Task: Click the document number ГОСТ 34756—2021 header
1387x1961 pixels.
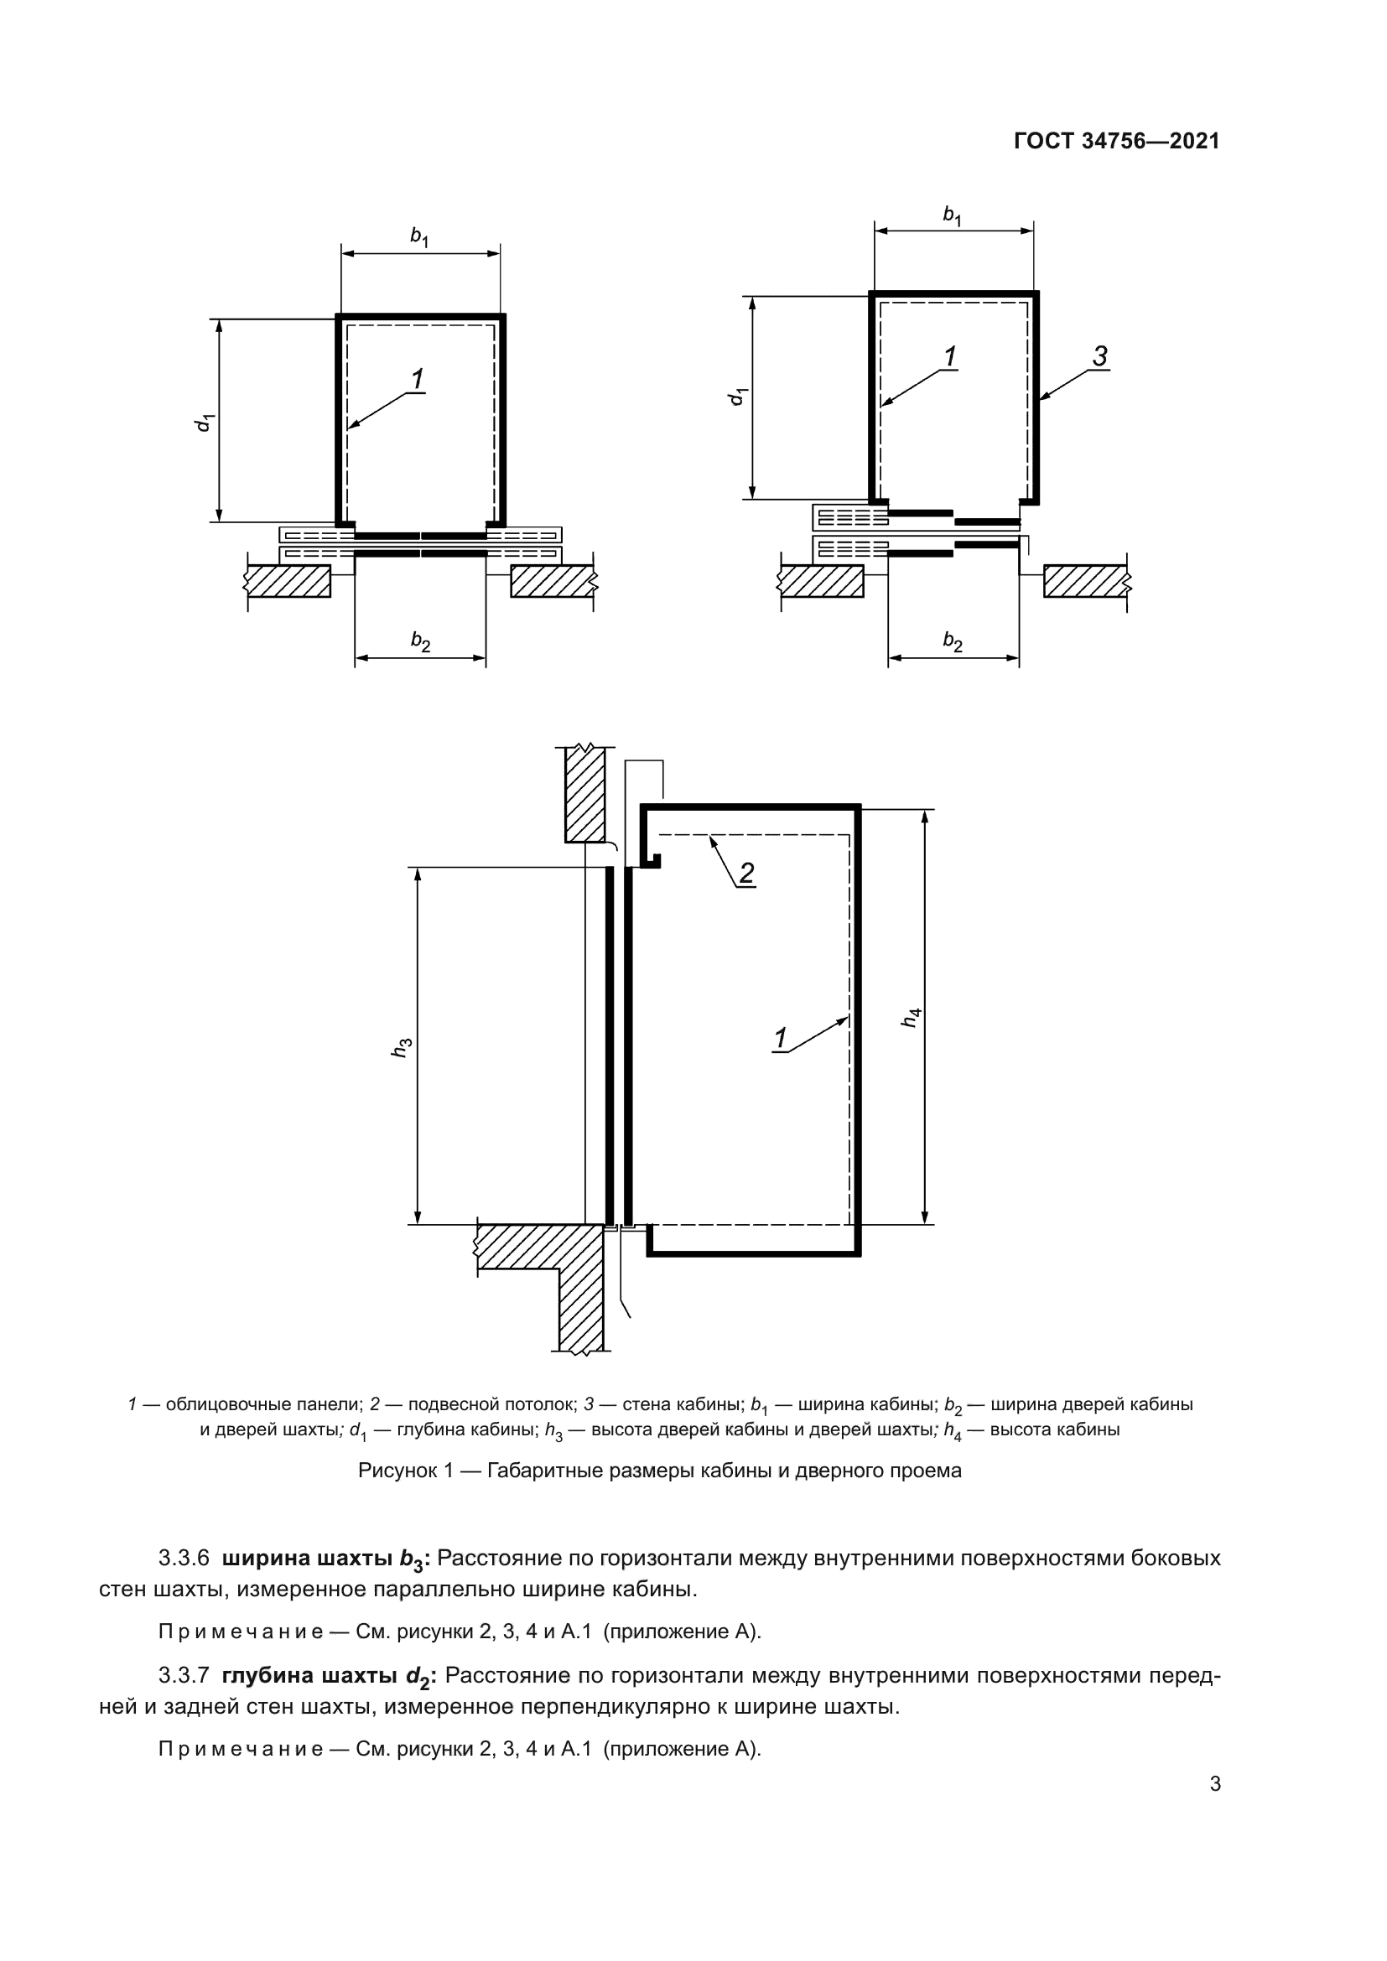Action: coord(1116,141)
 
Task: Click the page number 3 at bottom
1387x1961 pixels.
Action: coord(1214,1783)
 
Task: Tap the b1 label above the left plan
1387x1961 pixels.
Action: coord(419,236)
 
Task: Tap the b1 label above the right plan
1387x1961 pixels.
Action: coord(953,215)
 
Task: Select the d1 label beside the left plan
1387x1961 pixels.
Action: coord(204,422)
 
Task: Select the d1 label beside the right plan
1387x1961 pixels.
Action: coord(738,397)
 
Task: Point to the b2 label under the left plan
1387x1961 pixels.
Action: coord(420,641)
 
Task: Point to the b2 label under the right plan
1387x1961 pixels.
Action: coord(953,641)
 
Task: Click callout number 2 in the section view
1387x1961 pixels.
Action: coord(746,873)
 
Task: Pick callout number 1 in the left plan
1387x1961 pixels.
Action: coord(418,379)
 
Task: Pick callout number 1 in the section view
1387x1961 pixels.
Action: coord(780,1039)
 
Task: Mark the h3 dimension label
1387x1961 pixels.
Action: coord(403,1048)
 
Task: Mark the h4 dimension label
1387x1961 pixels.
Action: coord(912,1017)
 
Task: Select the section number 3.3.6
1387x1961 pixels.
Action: coord(184,1558)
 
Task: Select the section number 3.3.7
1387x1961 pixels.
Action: coord(184,1675)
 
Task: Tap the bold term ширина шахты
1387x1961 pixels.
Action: coord(308,1558)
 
